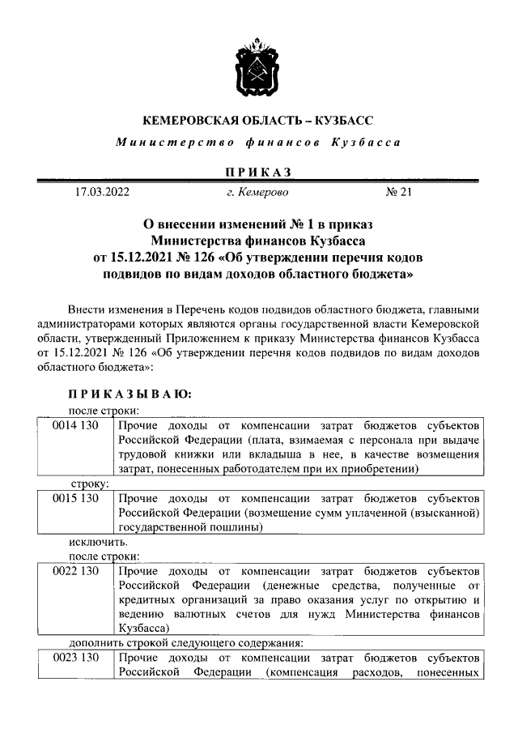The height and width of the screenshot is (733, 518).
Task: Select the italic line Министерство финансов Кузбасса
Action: [258, 143]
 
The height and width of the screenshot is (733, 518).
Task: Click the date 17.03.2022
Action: [97, 193]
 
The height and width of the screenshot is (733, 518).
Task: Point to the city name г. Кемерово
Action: [257, 193]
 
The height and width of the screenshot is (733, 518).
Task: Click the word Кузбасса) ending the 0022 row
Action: [143, 628]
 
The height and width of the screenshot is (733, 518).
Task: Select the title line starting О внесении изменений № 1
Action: [258, 224]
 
